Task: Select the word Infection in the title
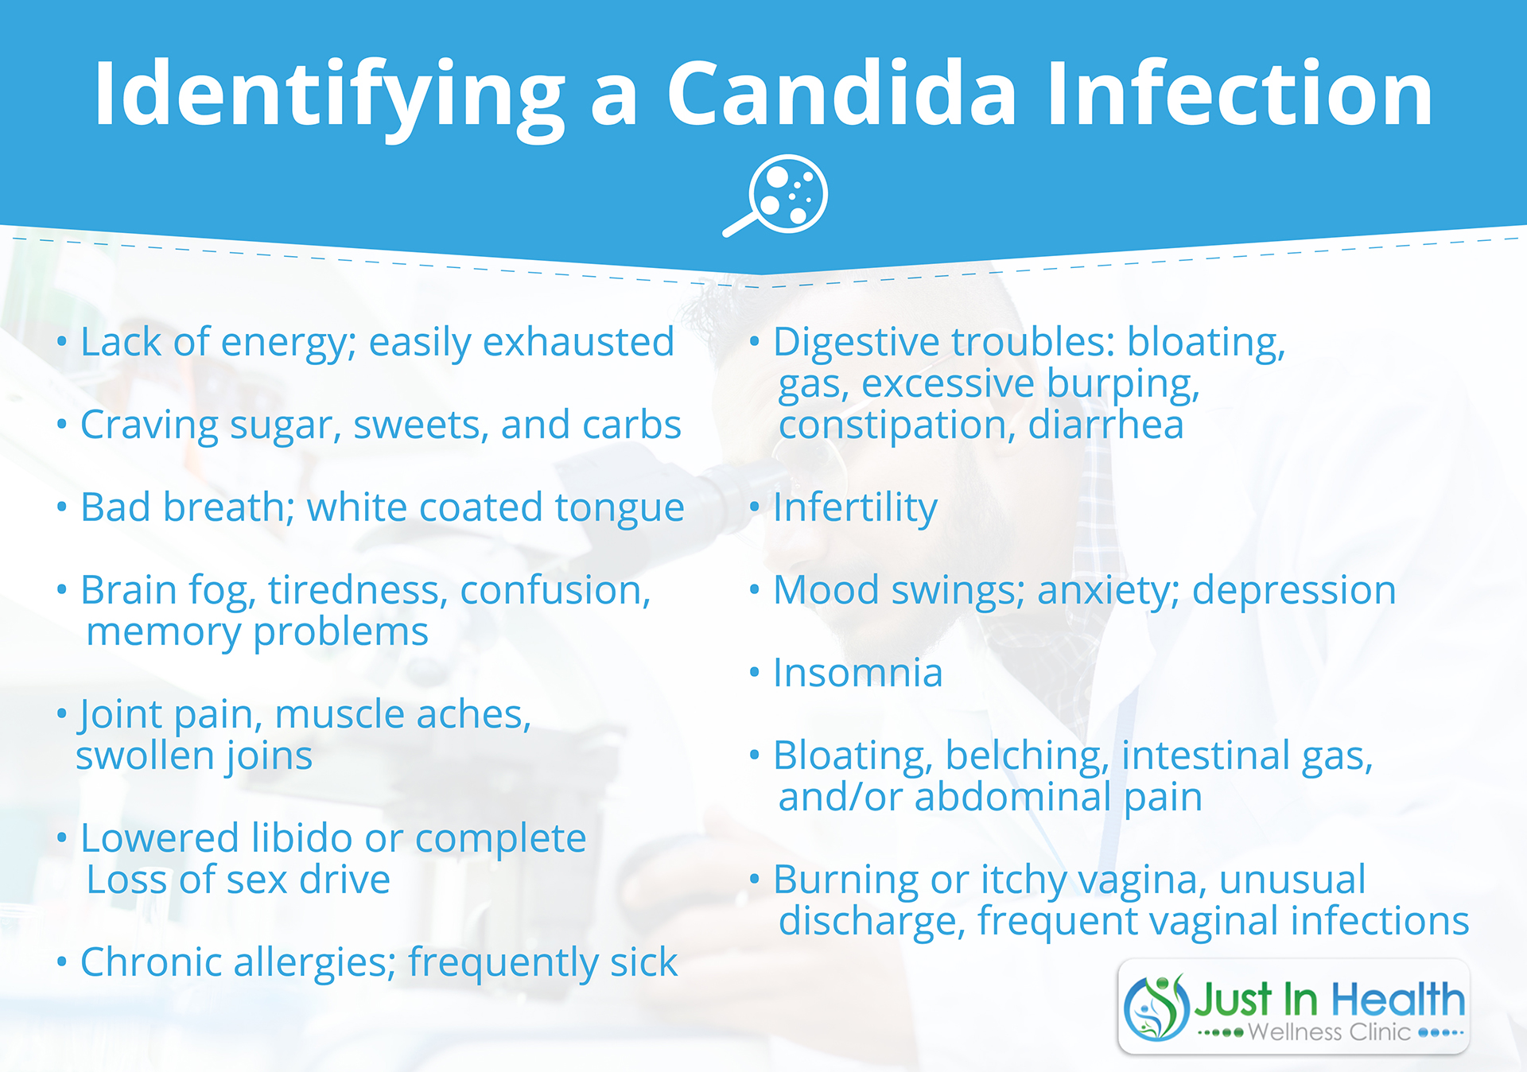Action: pos(1239,94)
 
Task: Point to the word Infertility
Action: pos(855,509)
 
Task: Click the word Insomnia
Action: pos(858,673)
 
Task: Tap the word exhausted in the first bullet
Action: pos(578,342)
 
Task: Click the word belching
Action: pos(1027,757)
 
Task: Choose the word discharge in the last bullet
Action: pos(872,922)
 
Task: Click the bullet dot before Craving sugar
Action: pos(62,425)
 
